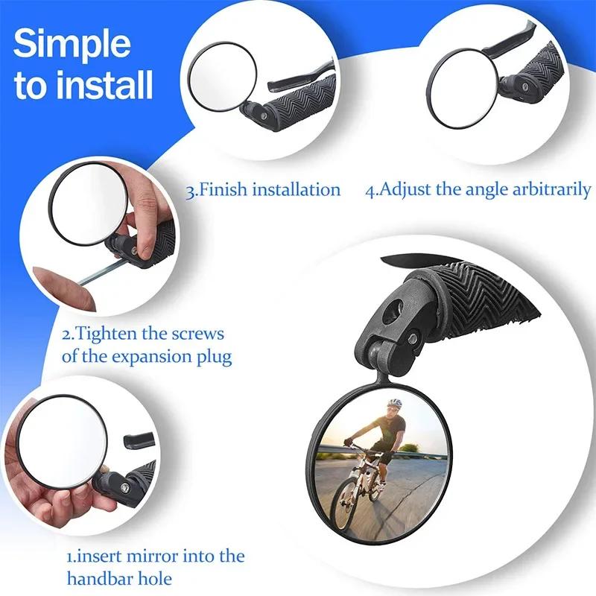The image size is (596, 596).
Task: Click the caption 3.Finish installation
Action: click(262, 189)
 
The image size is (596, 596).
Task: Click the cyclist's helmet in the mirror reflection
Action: click(394, 404)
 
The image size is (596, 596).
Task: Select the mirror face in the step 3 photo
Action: click(222, 74)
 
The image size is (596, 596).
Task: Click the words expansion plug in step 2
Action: click(172, 356)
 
